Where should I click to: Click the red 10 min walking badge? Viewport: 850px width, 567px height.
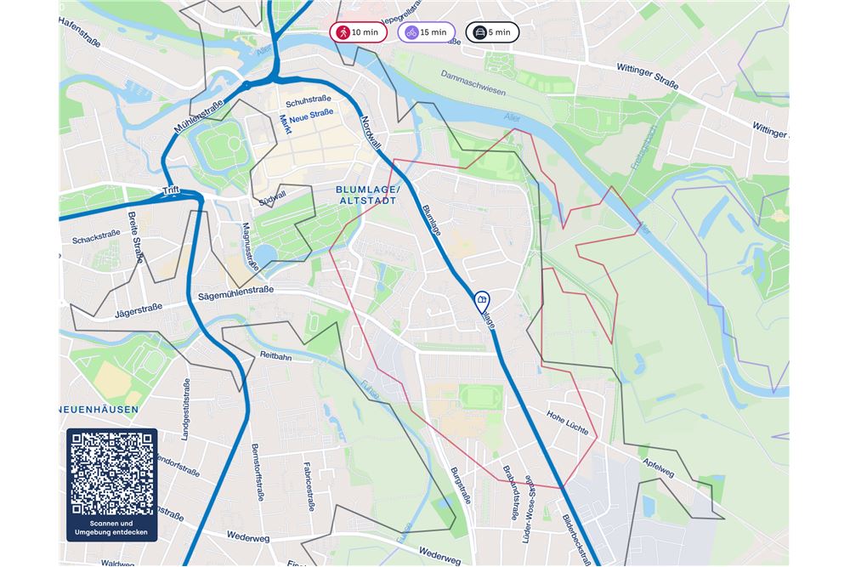358,32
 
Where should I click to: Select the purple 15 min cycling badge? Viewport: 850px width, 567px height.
426,32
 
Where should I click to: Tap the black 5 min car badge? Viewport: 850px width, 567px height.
491,32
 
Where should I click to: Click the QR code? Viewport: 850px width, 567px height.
112,473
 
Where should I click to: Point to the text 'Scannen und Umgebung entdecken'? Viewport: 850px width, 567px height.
112,528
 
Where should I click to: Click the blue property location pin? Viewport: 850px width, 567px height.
481,300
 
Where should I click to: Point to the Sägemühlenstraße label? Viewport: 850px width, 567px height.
235,291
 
